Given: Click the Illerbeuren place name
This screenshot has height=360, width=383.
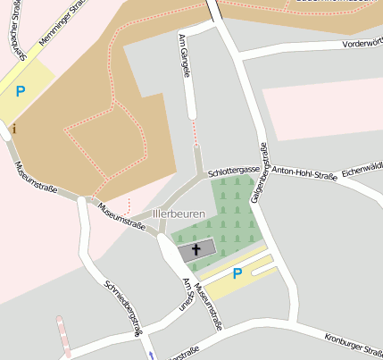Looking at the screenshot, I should click(x=179, y=214).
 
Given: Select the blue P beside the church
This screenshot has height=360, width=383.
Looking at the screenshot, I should click(x=237, y=273).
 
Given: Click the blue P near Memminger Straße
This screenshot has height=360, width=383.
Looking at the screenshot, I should click(x=20, y=90).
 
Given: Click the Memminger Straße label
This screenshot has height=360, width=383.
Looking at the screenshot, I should click(x=69, y=26).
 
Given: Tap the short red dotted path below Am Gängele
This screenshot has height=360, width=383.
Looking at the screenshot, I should click(x=195, y=133).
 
